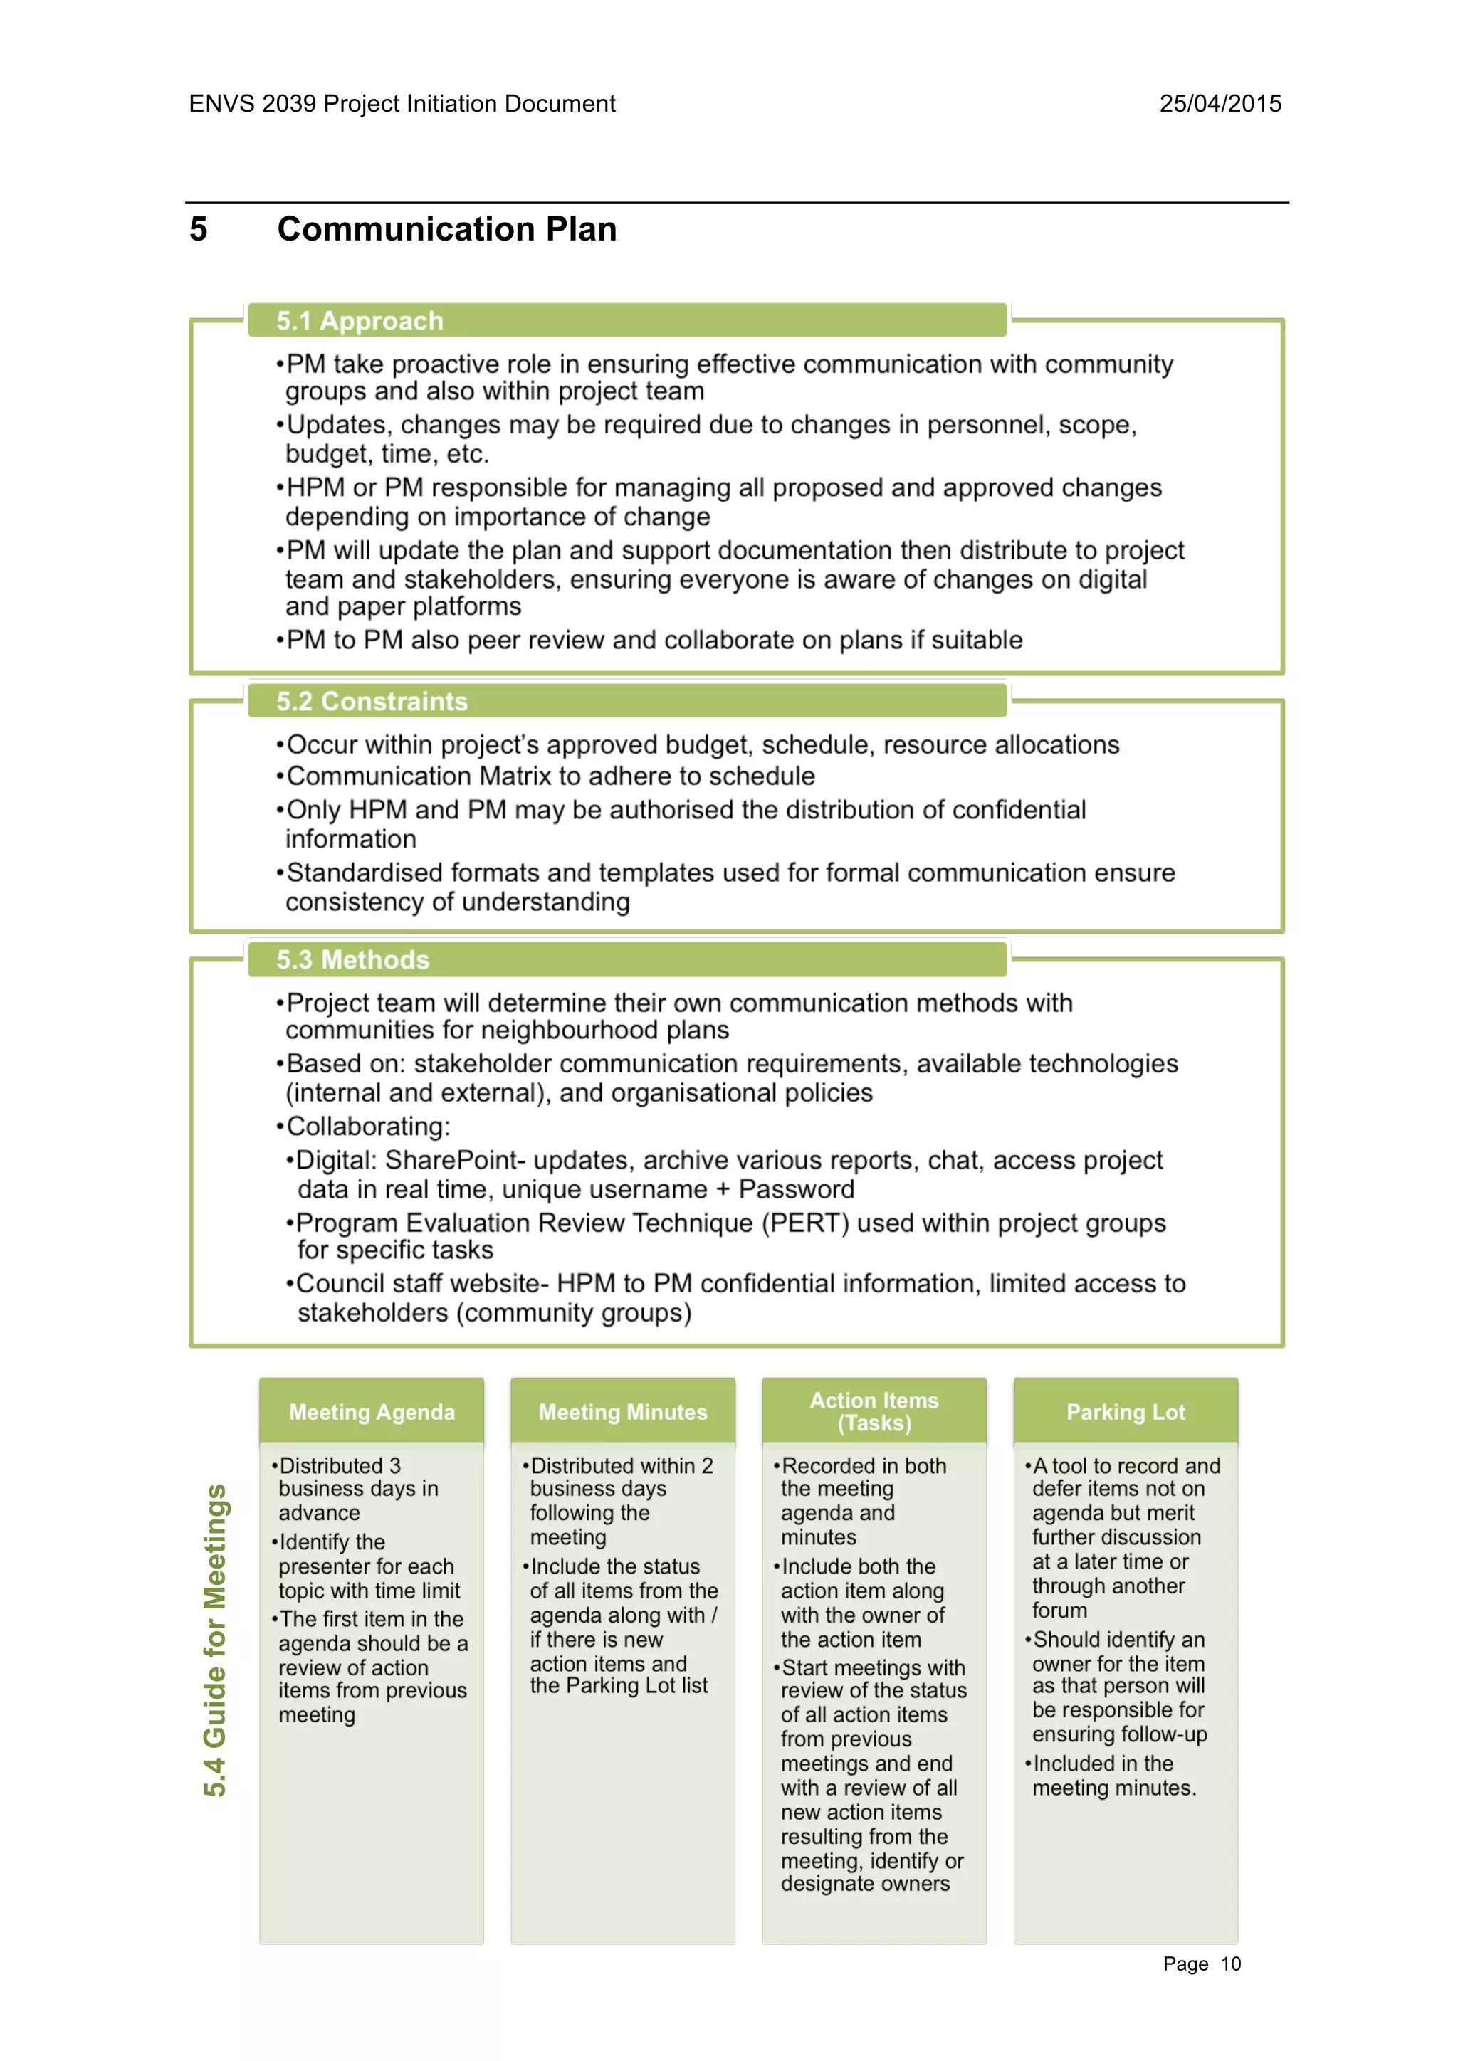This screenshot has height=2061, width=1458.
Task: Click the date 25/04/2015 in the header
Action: pos(1220,104)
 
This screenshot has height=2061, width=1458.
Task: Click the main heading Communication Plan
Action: pos(446,230)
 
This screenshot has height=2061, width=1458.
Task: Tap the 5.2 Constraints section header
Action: pos(372,701)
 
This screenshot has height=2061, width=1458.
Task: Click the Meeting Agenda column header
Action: pos(372,1412)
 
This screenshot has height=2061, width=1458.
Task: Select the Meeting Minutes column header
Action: pos(622,1412)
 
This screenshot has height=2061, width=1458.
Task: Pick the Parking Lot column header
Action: pos(1125,1412)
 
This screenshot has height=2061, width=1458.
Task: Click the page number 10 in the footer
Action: pos(1230,1964)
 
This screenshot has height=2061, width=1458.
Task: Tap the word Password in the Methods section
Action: pos(797,1191)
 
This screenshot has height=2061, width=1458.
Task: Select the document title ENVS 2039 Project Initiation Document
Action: pos(402,104)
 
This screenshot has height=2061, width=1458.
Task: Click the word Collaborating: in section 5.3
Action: pos(368,1127)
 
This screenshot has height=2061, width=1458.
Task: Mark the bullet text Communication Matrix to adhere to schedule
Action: pos(550,776)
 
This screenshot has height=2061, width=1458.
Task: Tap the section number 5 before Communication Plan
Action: pos(199,230)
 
